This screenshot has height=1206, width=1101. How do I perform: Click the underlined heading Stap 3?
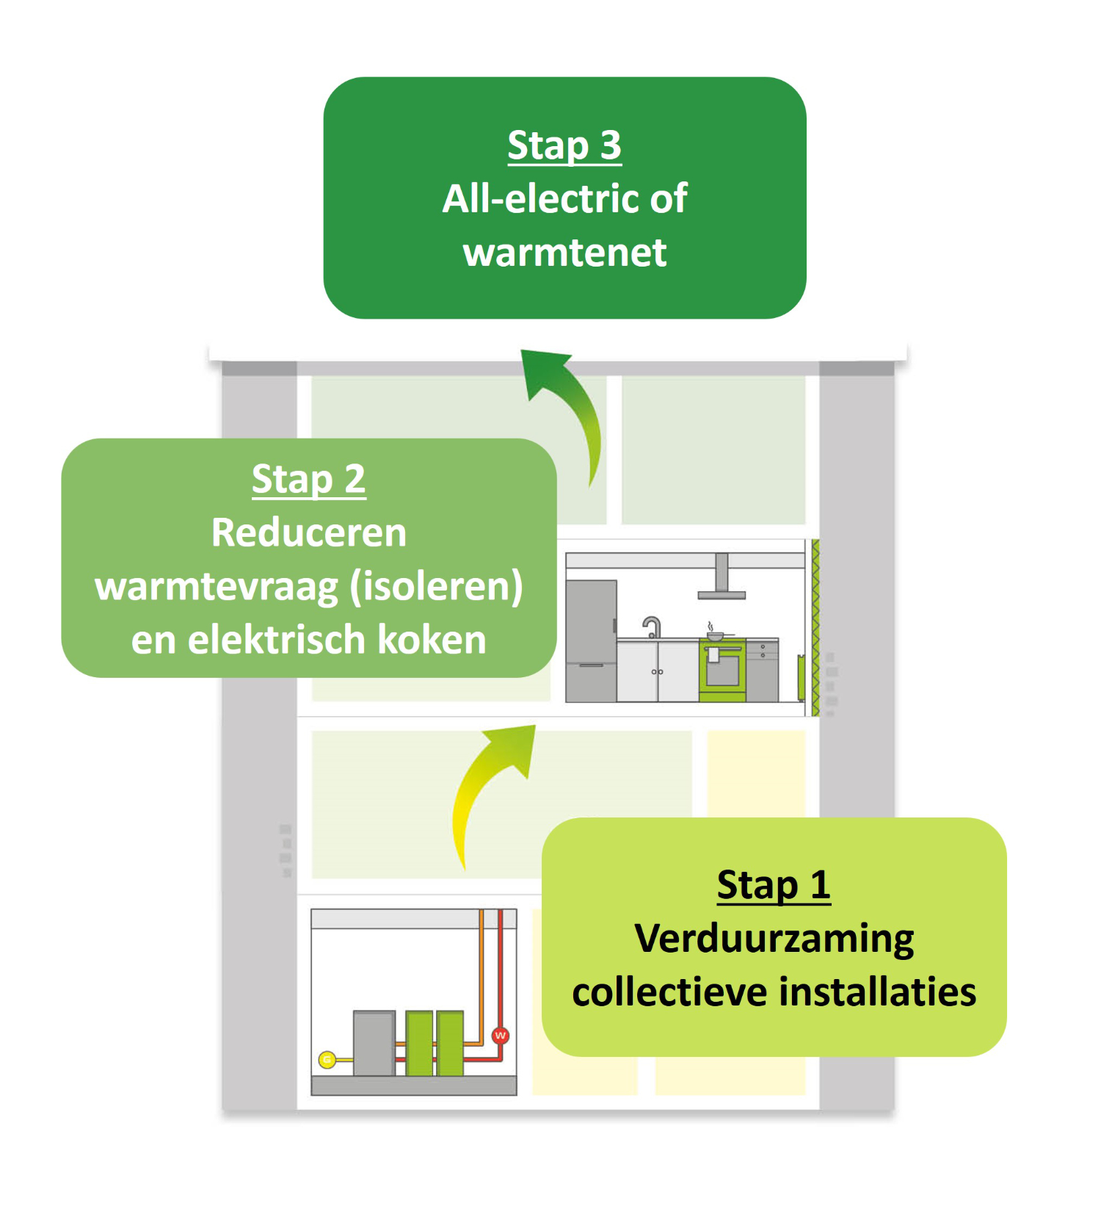tap(564, 145)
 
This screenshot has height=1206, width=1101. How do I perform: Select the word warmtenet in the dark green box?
tap(564, 253)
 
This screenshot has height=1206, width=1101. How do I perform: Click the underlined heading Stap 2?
tap(308, 480)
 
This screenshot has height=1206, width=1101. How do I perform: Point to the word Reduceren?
tap(308, 532)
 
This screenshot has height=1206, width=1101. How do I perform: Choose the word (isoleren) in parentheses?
tap(437, 587)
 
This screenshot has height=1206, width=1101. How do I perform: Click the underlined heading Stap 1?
tap(774, 885)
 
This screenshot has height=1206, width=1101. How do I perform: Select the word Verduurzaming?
tap(774, 940)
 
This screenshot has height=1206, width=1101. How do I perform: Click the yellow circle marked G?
tap(327, 1060)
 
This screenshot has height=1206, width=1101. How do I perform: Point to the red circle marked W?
tap(501, 1036)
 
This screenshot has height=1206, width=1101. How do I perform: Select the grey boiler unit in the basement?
tap(374, 1044)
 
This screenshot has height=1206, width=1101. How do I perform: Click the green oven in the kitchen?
tap(722, 671)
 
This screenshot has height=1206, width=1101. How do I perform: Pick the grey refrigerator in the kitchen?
tap(591, 641)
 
